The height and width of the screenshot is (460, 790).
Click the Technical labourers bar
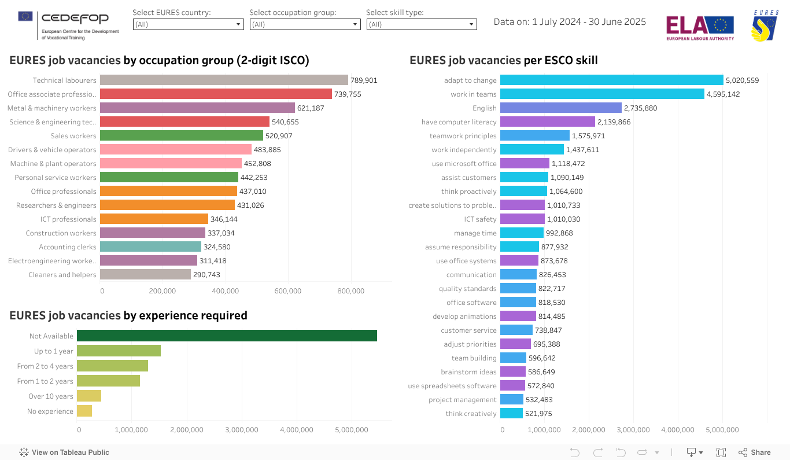[x=224, y=80]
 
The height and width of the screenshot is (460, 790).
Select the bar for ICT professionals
[x=154, y=219]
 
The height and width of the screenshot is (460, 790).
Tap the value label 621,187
[x=313, y=108]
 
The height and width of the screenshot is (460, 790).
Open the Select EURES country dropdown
[x=188, y=24]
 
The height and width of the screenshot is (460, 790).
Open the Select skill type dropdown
[x=421, y=24]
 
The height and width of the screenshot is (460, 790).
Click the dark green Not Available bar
[x=227, y=336]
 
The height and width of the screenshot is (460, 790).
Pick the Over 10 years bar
[x=89, y=396]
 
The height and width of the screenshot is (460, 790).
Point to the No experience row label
[x=50, y=411]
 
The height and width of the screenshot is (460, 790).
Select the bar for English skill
[x=560, y=108]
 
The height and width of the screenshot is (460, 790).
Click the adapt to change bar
[x=611, y=80]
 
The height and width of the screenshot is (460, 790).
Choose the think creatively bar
[x=511, y=414]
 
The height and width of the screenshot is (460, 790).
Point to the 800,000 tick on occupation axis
[x=350, y=291]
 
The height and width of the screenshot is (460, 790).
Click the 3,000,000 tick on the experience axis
[x=241, y=430]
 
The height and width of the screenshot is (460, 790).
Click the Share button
[x=755, y=452]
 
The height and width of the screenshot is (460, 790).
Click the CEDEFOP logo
[x=68, y=25]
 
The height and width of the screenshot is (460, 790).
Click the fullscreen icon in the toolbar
[x=721, y=452]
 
